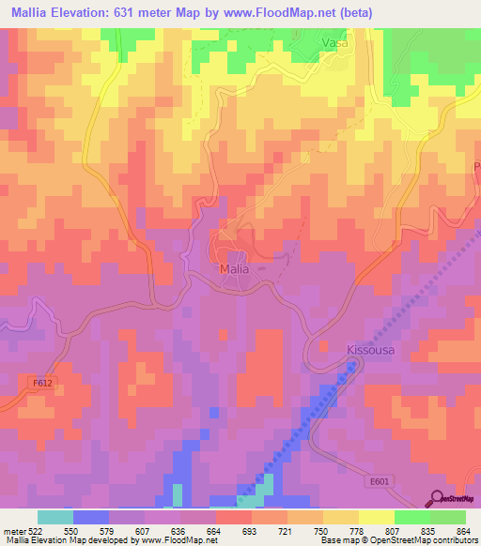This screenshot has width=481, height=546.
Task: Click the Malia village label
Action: (x=234, y=268)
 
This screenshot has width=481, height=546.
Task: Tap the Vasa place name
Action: (x=335, y=43)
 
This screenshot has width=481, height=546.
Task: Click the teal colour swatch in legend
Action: (x=55, y=517)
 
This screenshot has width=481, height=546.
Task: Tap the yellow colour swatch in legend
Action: (x=376, y=517)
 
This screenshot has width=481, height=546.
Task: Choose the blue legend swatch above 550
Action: (x=91, y=517)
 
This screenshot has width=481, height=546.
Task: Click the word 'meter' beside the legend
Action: (x=13, y=530)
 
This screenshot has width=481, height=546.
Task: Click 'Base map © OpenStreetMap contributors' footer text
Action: (x=397, y=541)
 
